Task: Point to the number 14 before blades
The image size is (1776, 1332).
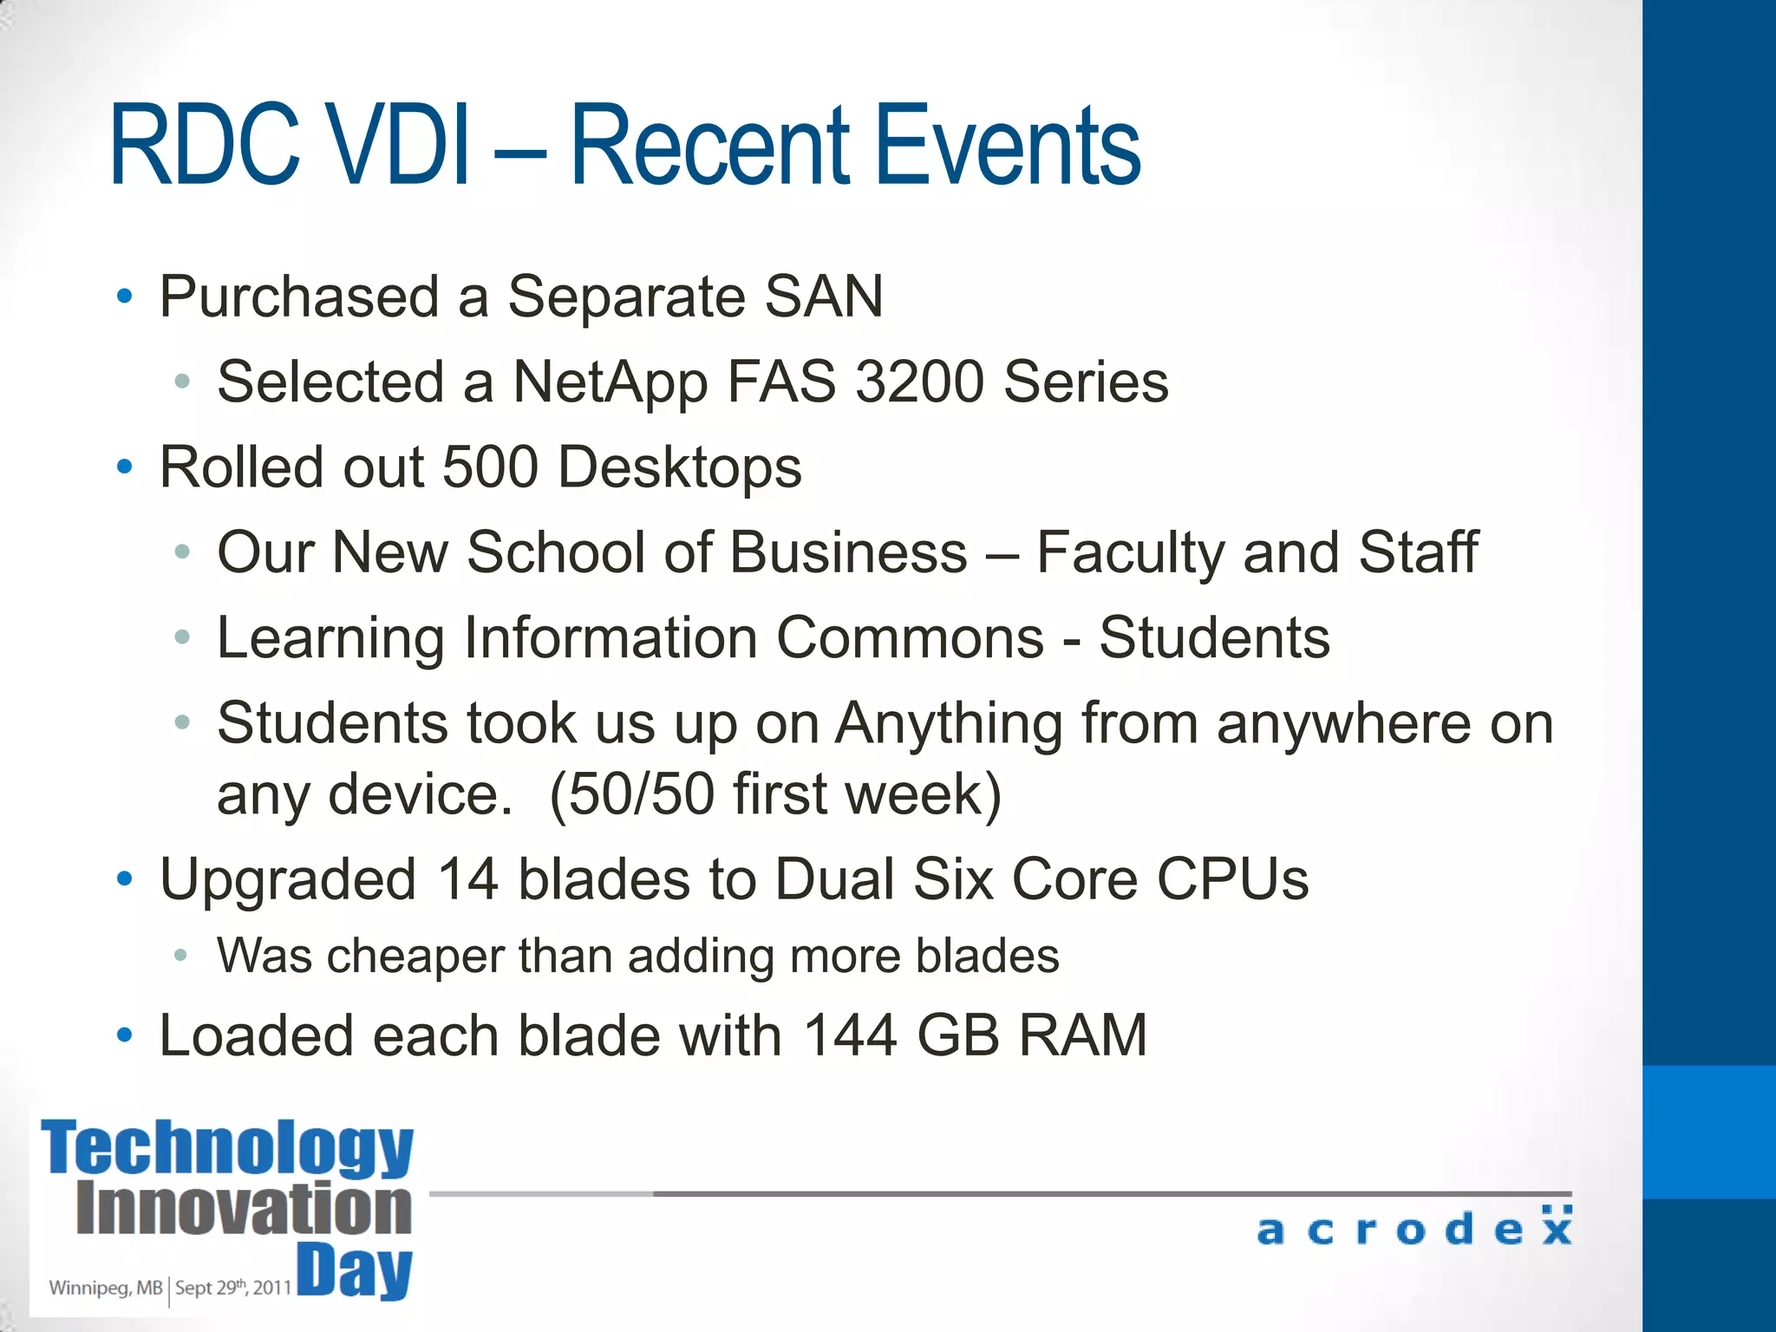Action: (x=467, y=879)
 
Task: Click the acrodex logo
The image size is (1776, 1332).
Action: (x=1414, y=1227)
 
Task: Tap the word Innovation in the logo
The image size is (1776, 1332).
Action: (x=244, y=1208)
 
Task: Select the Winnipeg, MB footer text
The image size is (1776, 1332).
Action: (x=105, y=1288)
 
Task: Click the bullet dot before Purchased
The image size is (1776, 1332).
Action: (x=125, y=297)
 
